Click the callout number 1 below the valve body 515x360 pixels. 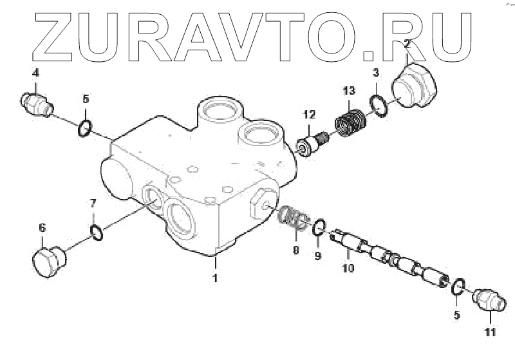click(216, 278)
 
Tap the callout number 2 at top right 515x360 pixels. click(407, 44)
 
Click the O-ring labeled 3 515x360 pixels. click(379, 104)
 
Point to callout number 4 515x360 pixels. click(35, 71)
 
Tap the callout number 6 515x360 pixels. click(42, 227)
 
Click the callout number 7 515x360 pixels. click(93, 204)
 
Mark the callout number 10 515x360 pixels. click(348, 267)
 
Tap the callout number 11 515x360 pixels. click(490, 332)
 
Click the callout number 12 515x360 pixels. click(309, 115)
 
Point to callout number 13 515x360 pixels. click(348, 90)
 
